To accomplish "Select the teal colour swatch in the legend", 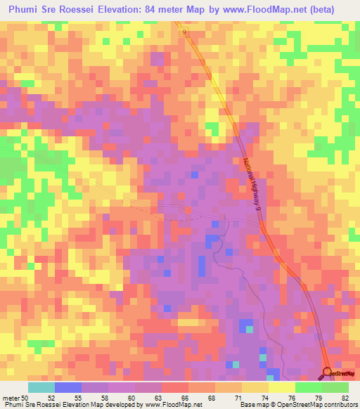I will point(41,387).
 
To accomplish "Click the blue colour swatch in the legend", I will point(67,387).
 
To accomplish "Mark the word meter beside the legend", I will point(10,397).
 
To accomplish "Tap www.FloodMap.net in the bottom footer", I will point(171,405).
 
